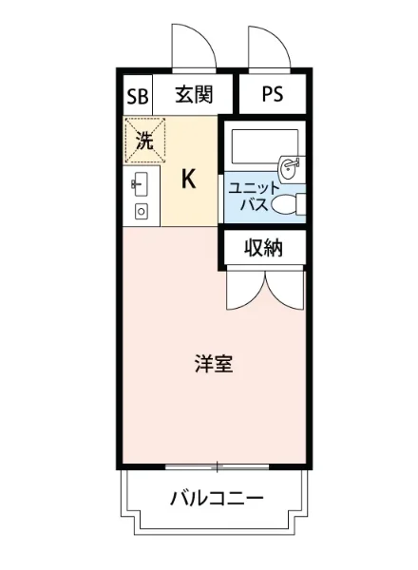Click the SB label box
[x=138, y=96]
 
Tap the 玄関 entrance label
[x=193, y=95]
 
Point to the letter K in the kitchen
[x=188, y=180]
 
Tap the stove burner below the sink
[x=141, y=211]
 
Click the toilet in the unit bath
[x=287, y=203]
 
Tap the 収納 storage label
[x=263, y=248]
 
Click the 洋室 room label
[x=215, y=364]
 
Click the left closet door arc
[x=242, y=290]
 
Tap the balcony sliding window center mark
[x=217, y=466]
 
